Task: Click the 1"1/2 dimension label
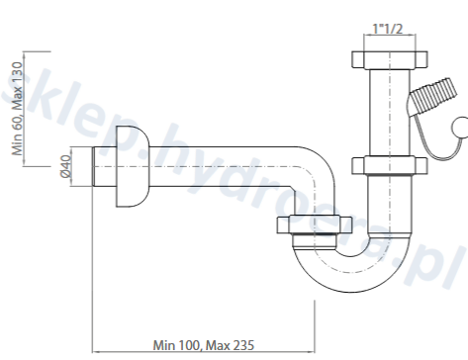pyautogui.click(x=388, y=29)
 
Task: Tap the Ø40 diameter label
pyautogui.click(x=66, y=166)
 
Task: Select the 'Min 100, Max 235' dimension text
pyautogui.click(x=204, y=345)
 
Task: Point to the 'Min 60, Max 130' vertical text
pyautogui.click(x=17, y=109)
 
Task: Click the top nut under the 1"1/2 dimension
pyautogui.click(x=390, y=59)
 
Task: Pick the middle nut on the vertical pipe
pyautogui.click(x=390, y=165)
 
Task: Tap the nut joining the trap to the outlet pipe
pyautogui.click(x=315, y=225)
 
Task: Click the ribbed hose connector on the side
pyautogui.click(x=432, y=96)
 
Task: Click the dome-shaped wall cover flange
pyautogui.click(x=132, y=166)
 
